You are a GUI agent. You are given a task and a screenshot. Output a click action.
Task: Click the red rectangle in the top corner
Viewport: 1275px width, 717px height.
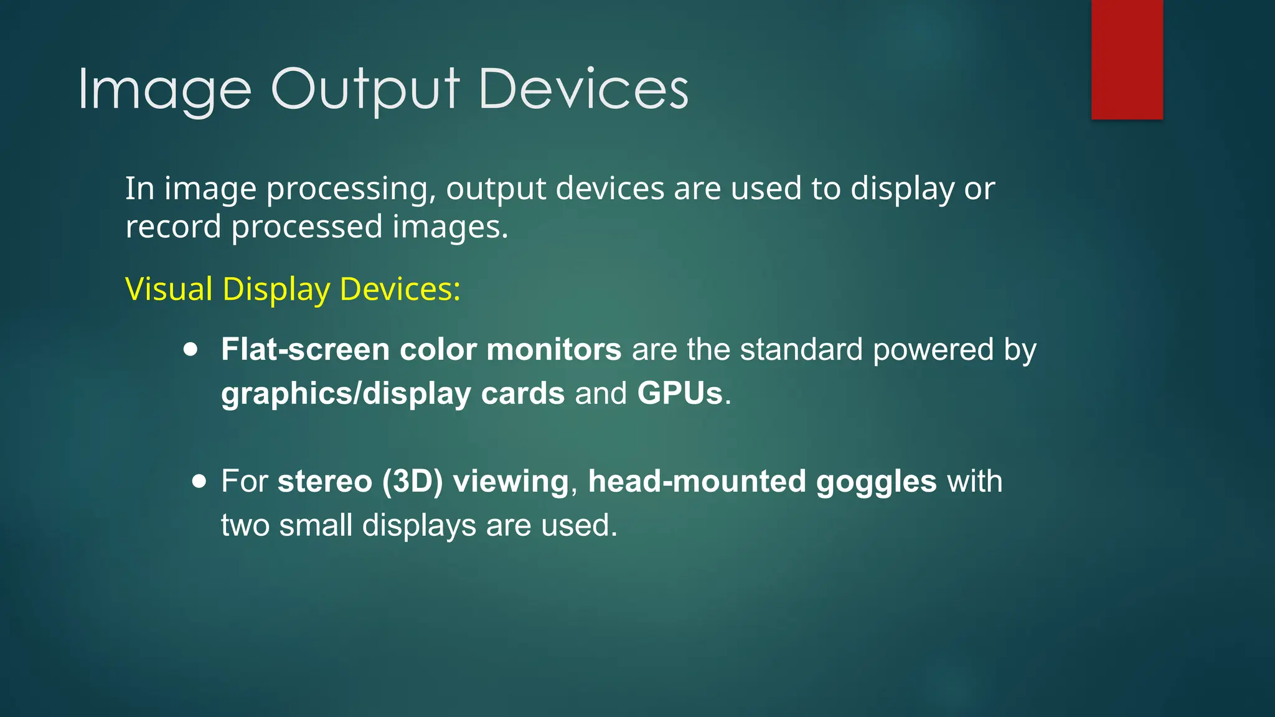coord(1127,59)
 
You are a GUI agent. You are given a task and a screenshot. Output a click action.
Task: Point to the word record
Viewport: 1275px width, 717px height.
coord(173,227)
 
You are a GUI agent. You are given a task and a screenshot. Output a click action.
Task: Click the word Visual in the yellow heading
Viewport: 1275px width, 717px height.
coord(169,289)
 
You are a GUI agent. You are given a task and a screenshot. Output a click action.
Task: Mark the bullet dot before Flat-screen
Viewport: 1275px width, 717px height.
coord(191,349)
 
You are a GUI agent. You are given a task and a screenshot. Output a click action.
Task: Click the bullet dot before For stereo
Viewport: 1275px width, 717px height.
coord(199,481)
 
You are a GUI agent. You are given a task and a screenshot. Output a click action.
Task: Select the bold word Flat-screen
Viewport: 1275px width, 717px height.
coord(305,349)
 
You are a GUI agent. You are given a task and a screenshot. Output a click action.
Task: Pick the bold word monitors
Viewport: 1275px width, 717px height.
coord(553,349)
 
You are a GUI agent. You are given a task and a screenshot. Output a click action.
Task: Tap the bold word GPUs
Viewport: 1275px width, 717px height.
coord(679,393)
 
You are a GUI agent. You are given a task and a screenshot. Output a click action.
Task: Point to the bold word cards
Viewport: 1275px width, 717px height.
coord(522,393)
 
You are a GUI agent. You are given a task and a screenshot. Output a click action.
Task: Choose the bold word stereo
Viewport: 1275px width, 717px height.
coord(324,482)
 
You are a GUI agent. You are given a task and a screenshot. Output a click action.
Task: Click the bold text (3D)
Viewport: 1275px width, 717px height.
coord(412,482)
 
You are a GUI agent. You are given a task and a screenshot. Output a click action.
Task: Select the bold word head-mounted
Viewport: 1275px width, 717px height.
coord(697,482)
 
